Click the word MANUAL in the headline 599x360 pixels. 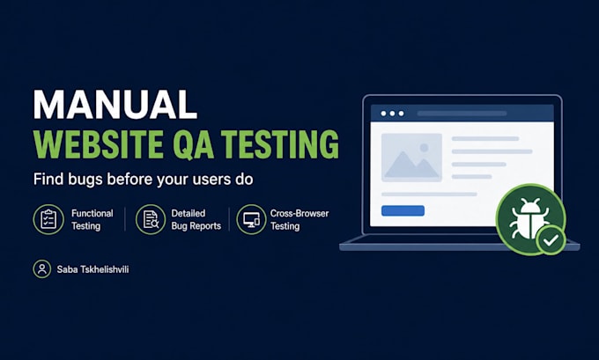coord(115,105)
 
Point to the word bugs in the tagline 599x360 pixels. coord(85,179)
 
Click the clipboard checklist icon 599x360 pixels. coord(48,219)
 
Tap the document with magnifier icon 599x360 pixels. coord(151,219)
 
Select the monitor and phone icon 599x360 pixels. coord(251,219)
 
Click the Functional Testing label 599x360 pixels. coord(92,219)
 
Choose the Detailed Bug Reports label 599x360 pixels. coord(196,219)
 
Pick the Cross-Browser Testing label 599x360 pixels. coord(299,219)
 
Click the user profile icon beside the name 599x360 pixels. coord(42,269)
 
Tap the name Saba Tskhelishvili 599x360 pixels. coord(92,269)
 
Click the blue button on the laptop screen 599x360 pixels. coord(403,210)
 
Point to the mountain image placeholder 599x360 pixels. coord(411,158)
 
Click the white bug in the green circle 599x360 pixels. coord(529,218)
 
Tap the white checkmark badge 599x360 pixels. coord(551,240)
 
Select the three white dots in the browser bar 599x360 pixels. coord(392,114)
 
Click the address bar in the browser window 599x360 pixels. coord(462,114)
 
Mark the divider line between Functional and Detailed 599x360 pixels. coord(125,219)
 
